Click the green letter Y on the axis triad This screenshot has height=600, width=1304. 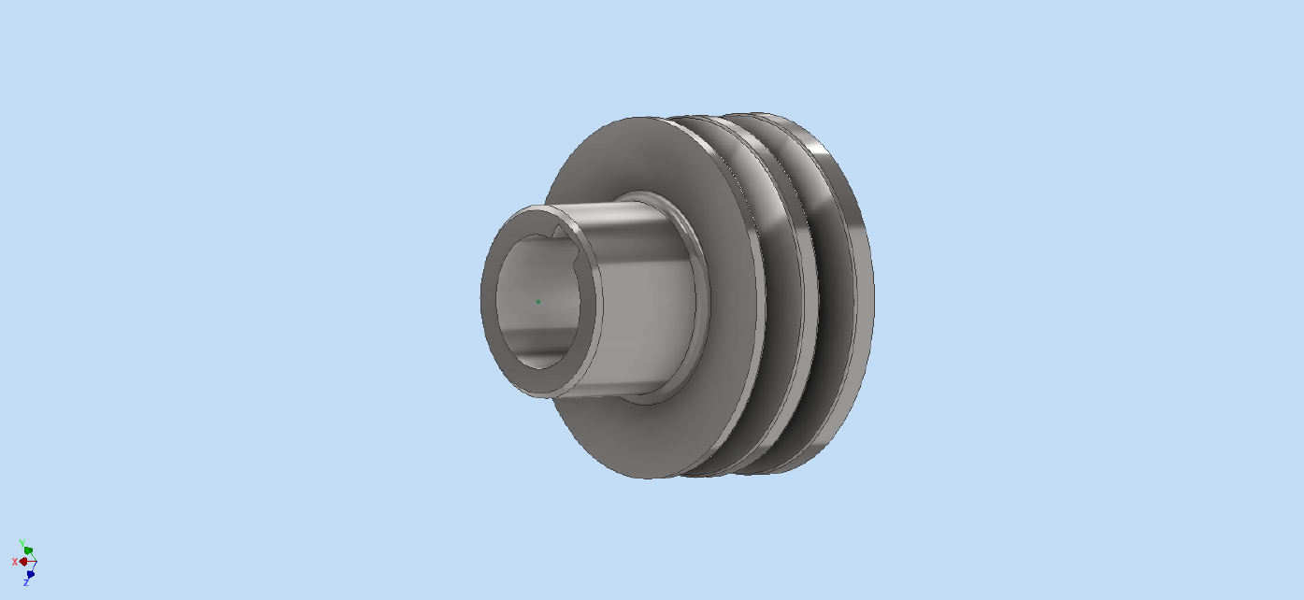[x=22, y=543]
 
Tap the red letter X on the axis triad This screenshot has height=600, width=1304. [x=15, y=562]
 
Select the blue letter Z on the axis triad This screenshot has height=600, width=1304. [x=26, y=582]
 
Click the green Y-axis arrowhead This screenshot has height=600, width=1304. [x=28, y=550]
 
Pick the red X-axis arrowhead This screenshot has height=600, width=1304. [x=23, y=562]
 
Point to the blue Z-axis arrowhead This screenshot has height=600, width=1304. [x=31, y=575]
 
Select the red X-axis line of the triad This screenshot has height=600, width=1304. [x=30, y=562]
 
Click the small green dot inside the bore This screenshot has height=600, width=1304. [x=538, y=302]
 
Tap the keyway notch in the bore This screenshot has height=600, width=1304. [x=559, y=232]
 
